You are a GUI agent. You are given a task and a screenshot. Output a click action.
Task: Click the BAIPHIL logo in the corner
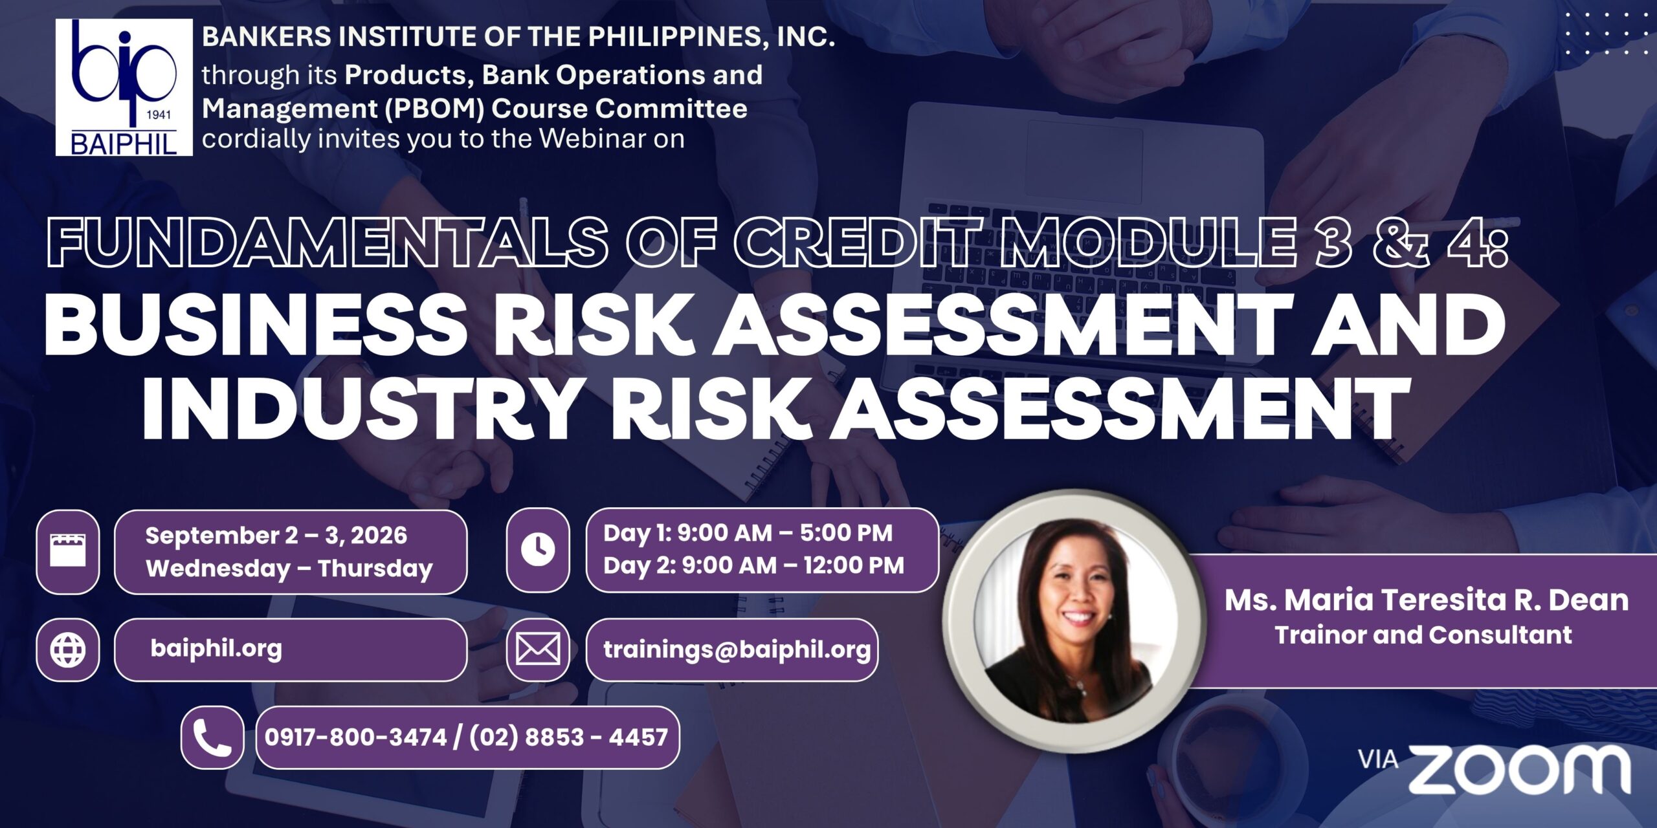tap(124, 87)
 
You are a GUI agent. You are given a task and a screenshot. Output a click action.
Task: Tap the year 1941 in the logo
tap(159, 115)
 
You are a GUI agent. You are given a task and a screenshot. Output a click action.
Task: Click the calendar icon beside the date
tap(68, 551)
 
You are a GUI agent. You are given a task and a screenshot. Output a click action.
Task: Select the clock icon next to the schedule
tap(538, 550)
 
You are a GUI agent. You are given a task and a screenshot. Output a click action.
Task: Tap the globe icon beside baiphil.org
tap(68, 649)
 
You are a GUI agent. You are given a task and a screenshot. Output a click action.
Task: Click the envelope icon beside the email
tap(538, 649)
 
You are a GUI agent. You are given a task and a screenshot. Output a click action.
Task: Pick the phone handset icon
tap(212, 738)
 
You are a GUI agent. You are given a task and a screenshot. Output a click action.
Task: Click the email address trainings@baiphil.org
tap(737, 649)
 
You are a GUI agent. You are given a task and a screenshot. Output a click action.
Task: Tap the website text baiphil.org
tap(216, 648)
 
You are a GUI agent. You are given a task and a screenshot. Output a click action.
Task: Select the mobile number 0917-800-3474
tap(355, 737)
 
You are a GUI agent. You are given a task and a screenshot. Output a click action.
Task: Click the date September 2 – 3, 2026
tap(276, 536)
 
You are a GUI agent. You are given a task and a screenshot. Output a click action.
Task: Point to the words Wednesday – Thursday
tap(289, 569)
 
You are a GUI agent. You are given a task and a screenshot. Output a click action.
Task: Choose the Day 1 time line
tap(748, 533)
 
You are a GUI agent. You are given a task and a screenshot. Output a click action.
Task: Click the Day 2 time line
tap(753, 565)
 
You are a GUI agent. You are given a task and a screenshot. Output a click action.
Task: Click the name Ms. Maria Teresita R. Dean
tap(1427, 600)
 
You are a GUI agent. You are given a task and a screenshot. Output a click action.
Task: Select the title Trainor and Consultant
tap(1423, 635)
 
